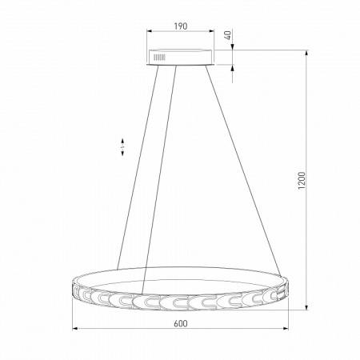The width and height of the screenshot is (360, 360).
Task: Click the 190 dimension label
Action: (x=181, y=26)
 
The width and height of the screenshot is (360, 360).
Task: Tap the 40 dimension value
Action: (x=227, y=35)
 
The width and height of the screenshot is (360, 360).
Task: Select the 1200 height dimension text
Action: (x=302, y=181)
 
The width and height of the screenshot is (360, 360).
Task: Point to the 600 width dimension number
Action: (x=181, y=323)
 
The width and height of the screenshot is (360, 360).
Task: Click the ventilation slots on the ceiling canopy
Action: (x=159, y=58)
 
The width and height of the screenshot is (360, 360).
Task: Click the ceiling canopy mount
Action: (x=181, y=57)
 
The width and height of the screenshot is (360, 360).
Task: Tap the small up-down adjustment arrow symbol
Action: (x=122, y=147)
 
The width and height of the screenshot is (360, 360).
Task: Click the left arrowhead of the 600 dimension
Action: (x=74, y=329)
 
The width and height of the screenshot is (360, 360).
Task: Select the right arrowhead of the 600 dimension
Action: (x=286, y=329)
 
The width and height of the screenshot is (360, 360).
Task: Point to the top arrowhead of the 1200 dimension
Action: (x=306, y=52)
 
